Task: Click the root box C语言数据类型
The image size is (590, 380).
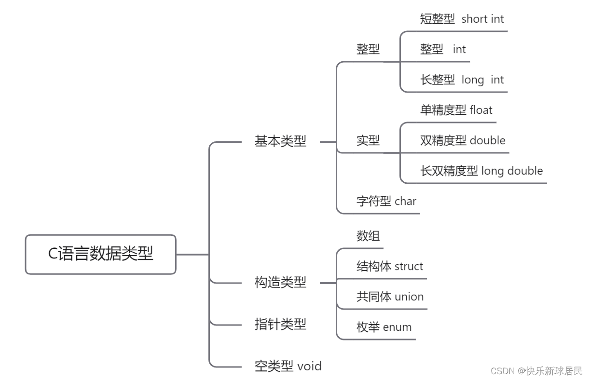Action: [100, 254]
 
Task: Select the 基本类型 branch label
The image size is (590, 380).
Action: [280, 141]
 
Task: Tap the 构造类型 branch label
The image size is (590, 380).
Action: [280, 282]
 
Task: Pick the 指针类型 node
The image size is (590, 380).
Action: [280, 324]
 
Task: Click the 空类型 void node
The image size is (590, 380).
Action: [288, 366]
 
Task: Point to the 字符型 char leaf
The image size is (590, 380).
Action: [386, 201]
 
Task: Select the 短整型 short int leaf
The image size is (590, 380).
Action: [462, 19]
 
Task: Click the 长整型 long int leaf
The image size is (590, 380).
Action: [462, 80]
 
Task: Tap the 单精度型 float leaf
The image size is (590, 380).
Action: [456, 110]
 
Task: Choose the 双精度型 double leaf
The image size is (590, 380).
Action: [463, 140]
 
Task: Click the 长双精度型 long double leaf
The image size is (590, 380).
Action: [481, 171]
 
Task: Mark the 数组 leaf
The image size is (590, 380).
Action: [368, 236]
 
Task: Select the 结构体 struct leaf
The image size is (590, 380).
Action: [389, 266]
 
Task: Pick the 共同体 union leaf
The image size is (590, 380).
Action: [390, 297]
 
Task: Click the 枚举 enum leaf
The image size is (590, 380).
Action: [384, 327]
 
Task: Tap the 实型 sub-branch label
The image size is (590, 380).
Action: [368, 140]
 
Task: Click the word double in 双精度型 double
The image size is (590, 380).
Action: [487, 140]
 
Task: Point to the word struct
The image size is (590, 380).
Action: [409, 266]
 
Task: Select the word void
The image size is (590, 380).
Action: [309, 366]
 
